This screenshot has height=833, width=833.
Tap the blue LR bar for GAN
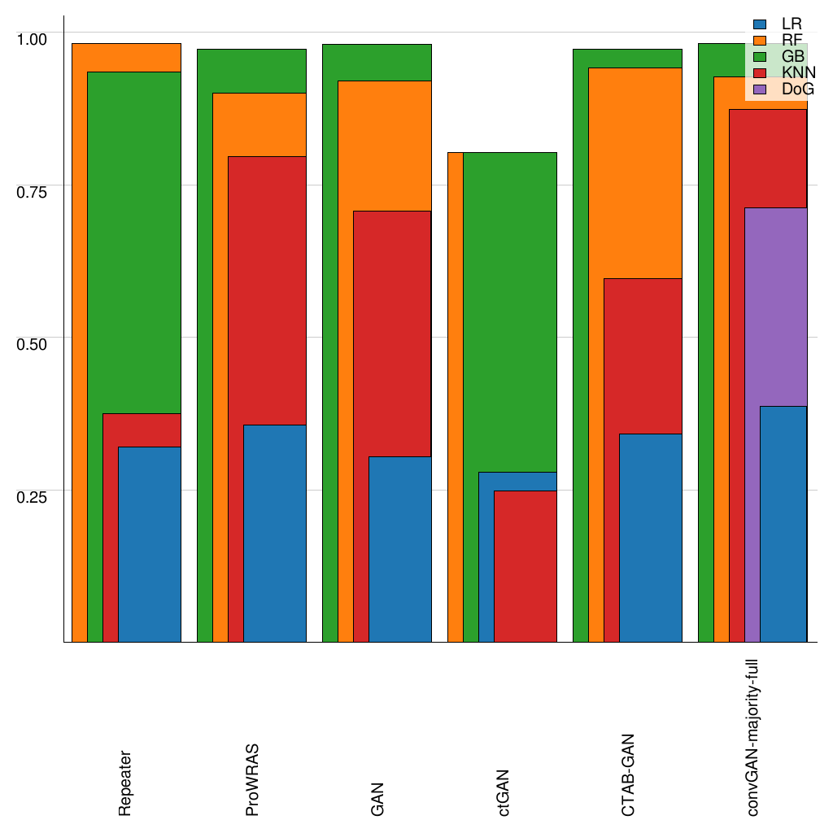coord(399,548)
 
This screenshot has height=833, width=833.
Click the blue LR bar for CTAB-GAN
coord(650,537)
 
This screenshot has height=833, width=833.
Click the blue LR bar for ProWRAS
coord(274,533)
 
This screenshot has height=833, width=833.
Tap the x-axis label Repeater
coord(124,783)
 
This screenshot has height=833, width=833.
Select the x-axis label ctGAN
coord(504,792)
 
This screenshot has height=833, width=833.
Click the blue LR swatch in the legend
coord(760,24)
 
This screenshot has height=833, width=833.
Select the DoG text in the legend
coord(797,89)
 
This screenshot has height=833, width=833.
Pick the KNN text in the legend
coord(797,72)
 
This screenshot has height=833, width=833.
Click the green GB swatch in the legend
coord(760,56)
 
